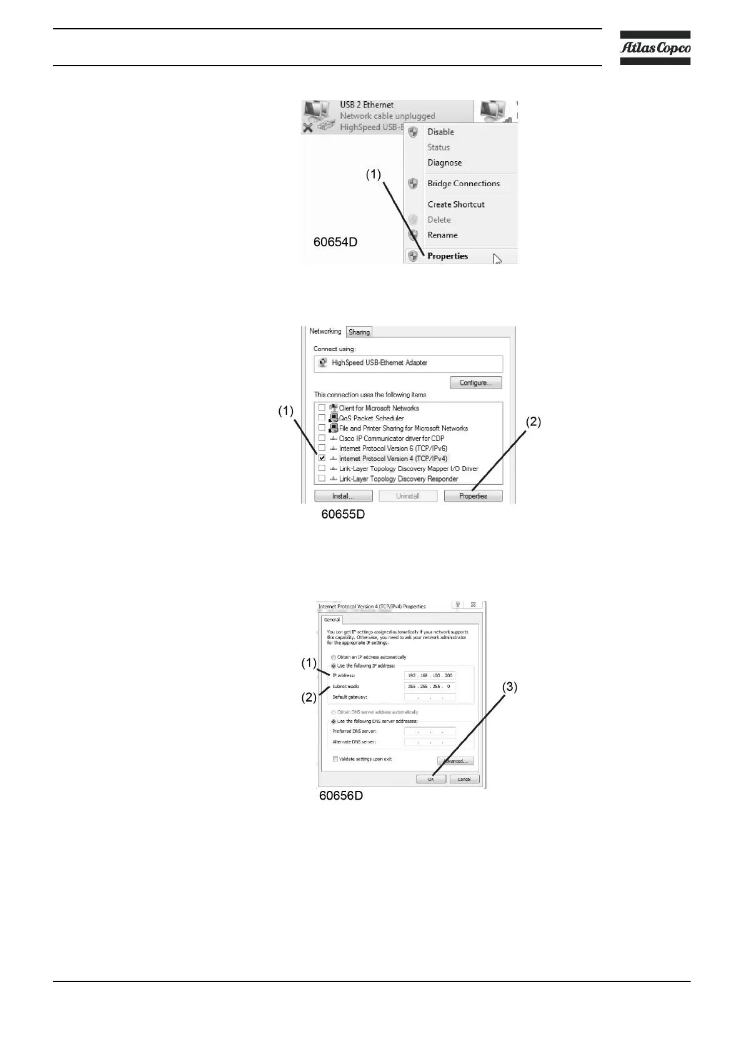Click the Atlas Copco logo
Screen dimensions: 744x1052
point(655,47)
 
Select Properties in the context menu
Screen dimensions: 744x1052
point(447,256)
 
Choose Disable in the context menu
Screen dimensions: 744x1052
point(440,132)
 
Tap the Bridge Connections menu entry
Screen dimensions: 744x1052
point(463,184)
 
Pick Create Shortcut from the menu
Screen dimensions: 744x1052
point(455,204)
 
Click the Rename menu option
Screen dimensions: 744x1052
point(442,235)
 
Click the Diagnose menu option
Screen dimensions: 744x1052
point(444,162)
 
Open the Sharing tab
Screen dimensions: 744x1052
point(359,332)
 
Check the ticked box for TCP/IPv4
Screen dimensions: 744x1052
point(322,458)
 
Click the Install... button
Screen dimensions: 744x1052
point(343,496)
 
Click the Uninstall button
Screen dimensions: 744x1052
point(407,496)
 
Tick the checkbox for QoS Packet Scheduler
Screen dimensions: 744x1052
point(322,418)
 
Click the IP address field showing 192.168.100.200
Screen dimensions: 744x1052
point(430,676)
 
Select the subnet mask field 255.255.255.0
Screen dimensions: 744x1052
point(430,687)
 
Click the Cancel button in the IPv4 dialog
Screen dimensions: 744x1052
point(464,779)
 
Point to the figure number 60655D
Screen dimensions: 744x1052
point(343,515)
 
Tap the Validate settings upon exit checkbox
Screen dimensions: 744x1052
point(335,759)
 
